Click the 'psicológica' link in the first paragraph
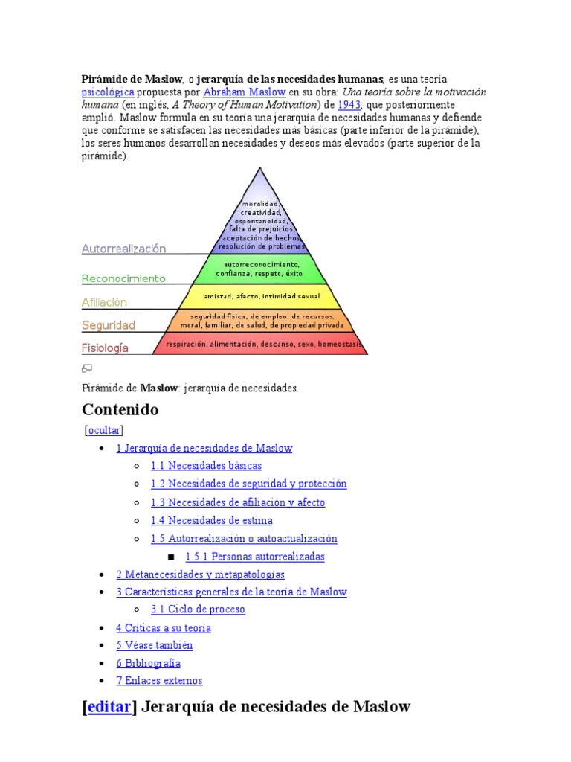tap(107, 92)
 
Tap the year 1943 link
tap(349, 105)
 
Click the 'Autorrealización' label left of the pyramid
tap(123, 249)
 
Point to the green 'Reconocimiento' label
tap(123, 279)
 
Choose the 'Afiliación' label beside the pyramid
tap(104, 303)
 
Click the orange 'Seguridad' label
tap(109, 325)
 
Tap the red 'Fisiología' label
tap(105, 348)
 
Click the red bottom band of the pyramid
tap(260, 345)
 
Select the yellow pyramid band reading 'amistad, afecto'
tap(260, 296)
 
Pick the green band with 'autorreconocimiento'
tap(260, 269)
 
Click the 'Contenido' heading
tap(120, 409)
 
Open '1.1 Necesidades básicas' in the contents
tap(206, 466)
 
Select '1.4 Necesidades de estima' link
tap(211, 520)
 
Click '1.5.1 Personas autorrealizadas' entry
tap(255, 557)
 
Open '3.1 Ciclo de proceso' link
tap(198, 609)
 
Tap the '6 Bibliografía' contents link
tap(148, 663)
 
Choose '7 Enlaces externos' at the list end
tap(159, 681)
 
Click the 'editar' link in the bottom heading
tap(109, 706)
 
